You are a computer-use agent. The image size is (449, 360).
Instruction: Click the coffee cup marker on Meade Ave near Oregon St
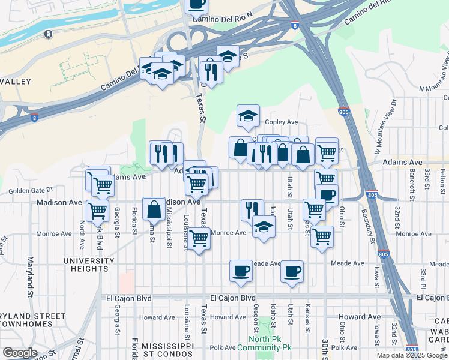[x=241, y=270]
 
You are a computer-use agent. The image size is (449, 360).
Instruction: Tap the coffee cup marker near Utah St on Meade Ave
[x=292, y=270]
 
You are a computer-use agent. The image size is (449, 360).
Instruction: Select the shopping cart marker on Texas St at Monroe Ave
[x=199, y=238]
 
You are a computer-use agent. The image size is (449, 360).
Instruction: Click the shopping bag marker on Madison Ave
[x=154, y=208]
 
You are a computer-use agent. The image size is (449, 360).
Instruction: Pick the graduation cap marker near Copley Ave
[x=247, y=116]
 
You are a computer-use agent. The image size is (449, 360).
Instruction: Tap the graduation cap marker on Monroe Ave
[x=263, y=227]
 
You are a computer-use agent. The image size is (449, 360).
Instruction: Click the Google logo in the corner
[x=19, y=353]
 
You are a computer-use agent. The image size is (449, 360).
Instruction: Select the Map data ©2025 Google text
[x=411, y=355]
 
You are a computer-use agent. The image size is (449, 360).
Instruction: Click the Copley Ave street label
[x=282, y=122]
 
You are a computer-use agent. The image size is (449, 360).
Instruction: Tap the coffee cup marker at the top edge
[x=196, y=4]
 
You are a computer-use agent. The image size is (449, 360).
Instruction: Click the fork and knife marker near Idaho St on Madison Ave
[x=252, y=209]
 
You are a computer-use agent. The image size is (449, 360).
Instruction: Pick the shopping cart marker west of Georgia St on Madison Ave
[x=97, y=211]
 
